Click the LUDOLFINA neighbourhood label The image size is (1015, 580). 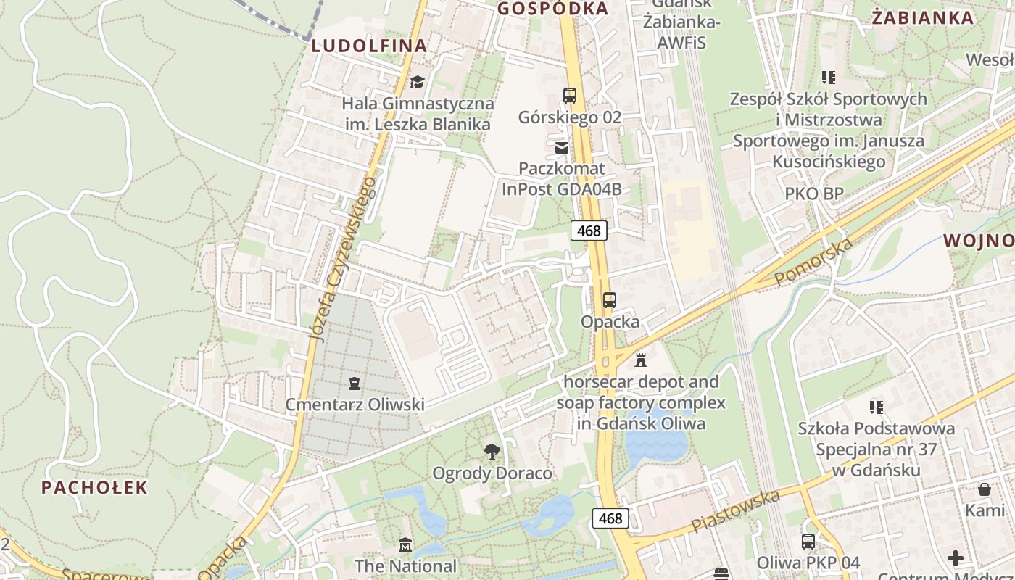click(369, 46)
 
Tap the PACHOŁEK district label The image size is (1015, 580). click(94, 487)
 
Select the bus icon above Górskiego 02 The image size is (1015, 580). click(570, 96)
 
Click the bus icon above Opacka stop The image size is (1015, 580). click(610, 299)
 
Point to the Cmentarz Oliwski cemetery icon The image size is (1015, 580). click(355, 383)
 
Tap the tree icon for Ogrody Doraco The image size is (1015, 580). click(492, 452)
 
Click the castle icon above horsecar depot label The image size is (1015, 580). click(641, 360)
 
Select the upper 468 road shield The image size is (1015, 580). click(589, 231)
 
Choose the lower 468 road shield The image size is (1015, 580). click(610, 518)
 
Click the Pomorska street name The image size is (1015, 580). click(813, 262)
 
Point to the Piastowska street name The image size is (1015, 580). click(735, 510)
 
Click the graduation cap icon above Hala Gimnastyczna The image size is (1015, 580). click(417, 82)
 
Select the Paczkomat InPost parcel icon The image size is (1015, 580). click(562, 148)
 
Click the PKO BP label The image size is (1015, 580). click(814, 194)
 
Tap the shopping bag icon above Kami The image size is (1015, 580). click(985, 489)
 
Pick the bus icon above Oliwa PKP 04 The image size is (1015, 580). click(808, 542)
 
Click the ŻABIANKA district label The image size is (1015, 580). click(923, 18)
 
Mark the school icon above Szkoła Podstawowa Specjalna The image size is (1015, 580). click(877, 407)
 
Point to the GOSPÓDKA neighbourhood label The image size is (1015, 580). click(552, 9)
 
